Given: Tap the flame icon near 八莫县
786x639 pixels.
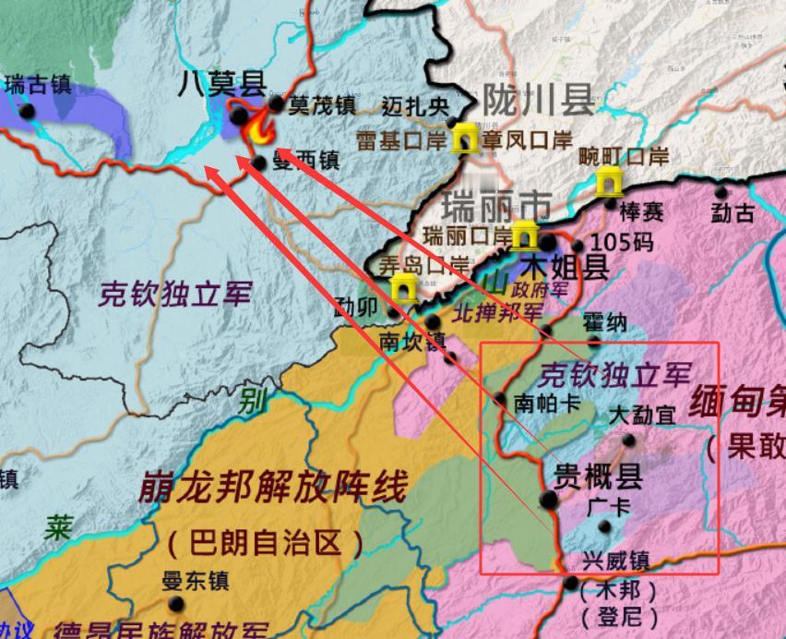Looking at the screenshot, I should pos(257,128).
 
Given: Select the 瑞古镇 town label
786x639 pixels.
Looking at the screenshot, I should pos(38,84).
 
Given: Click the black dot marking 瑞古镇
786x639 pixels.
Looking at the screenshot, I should pos(28,111).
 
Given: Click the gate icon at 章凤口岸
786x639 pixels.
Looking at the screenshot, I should pos(464,139).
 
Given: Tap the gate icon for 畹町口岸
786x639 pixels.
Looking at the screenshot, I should pos(608,181).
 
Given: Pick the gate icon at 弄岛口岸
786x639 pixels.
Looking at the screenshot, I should pos(403,287).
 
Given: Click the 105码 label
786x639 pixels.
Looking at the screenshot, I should pos(621,243).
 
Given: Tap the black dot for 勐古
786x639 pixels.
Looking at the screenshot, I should pos(721,192).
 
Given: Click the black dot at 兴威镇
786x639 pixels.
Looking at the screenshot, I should pos(571,584).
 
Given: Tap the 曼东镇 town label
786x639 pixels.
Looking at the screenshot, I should pos(195,582).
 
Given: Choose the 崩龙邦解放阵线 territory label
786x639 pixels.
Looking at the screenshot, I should pos(272,488).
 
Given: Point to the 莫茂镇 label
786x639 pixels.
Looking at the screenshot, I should pos(322,106).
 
